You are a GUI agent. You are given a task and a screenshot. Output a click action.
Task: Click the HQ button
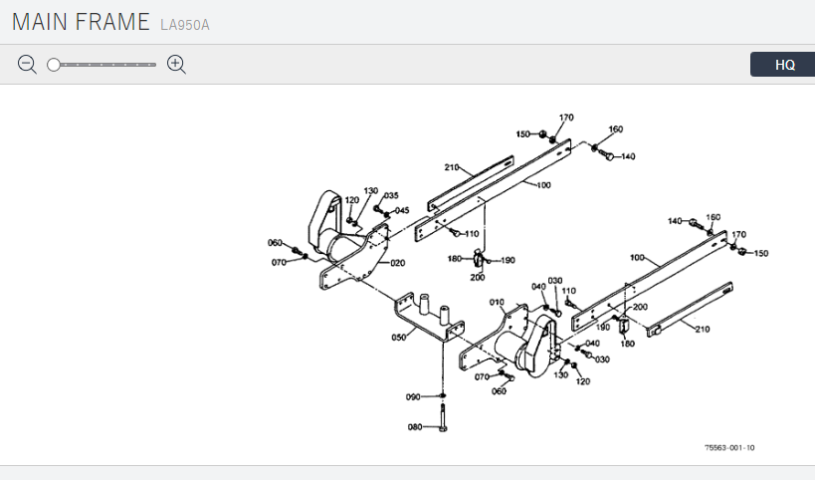coord(785,65)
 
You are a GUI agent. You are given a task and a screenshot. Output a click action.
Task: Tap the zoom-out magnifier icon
coord(27,65)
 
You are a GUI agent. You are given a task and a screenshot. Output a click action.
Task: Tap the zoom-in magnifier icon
coord(177,65)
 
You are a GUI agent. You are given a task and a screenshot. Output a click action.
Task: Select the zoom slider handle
coord(54,65)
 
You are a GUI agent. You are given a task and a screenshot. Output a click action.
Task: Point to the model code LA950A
coord(185,24)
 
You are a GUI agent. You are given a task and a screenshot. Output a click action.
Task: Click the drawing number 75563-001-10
coord(728,448)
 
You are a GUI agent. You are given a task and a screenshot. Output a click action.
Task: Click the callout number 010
coord(497,302)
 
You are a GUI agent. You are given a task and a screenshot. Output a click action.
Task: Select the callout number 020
coord(398,263)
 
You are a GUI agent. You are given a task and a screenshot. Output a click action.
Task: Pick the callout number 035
coord(391,195)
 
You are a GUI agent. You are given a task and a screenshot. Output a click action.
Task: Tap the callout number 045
coord(402,210)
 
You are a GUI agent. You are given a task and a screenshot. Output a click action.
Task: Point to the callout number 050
coord(399,338)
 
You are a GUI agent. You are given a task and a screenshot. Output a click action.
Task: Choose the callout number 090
coord(413,397)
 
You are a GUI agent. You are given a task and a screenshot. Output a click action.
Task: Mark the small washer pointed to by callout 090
coord(441,395)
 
